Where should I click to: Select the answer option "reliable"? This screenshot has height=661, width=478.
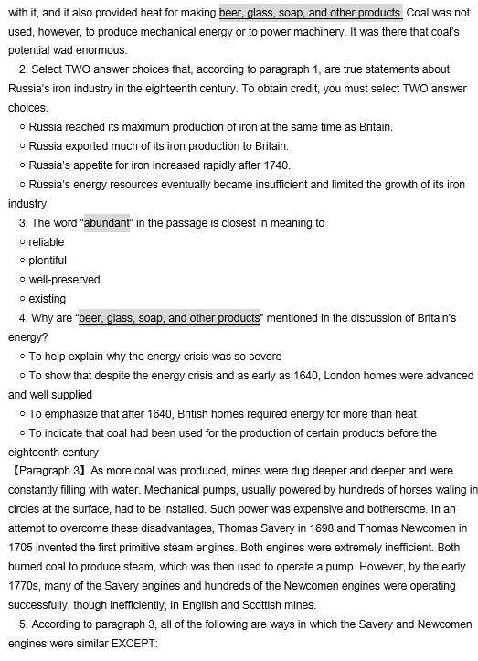click(48, 241)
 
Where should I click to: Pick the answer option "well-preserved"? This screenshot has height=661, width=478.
click(64, 280)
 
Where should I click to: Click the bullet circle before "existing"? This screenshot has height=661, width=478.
click(21, 299)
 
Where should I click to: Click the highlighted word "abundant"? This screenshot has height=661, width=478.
click(107, 223)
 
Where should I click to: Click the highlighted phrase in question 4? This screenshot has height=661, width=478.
click(169, 318)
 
